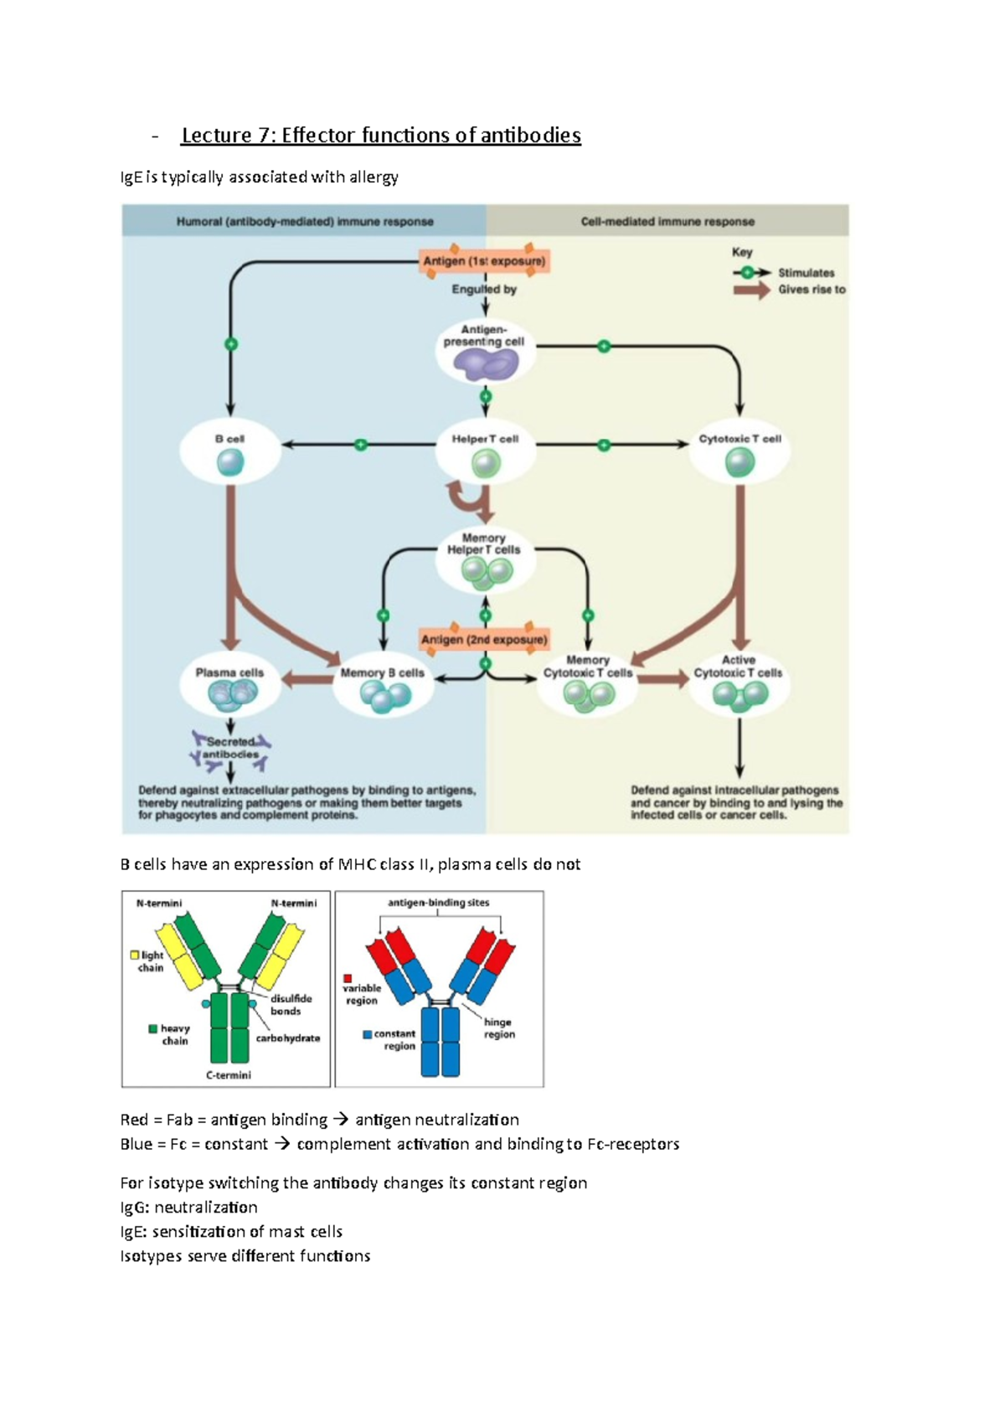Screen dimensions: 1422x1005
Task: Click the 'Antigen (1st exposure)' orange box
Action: point(484,261)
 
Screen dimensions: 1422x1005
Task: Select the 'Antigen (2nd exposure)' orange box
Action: point(484,640)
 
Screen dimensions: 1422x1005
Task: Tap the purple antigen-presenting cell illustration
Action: point(485,364)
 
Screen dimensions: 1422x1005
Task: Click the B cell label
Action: point(229,439)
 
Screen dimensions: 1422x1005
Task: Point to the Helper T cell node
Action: point(486,452)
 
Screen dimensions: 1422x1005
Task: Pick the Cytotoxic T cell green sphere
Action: point(740,462)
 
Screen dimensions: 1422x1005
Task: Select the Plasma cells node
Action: point(230,685)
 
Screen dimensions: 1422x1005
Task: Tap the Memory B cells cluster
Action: point(384,695)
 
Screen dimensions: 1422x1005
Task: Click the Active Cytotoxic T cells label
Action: point(738,667)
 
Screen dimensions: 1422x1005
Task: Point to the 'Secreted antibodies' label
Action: point(230,748)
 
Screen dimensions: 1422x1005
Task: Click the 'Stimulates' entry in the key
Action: point(806,273)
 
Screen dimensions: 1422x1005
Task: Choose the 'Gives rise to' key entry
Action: point(811,290)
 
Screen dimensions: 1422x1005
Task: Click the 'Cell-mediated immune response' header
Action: point(667,222)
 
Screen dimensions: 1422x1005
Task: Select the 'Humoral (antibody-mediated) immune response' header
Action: point(305,222)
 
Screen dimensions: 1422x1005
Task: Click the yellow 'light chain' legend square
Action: point(134,955)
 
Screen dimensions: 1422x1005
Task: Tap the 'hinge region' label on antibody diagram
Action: point(498,1028)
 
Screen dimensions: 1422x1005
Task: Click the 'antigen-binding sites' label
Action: point(438,903)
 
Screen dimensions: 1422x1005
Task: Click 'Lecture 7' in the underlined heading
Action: point(216,136)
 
